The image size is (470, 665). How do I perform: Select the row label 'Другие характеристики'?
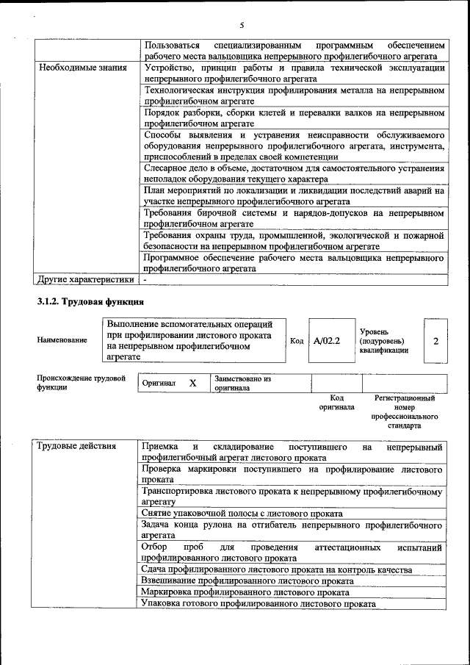click(x=86, y=279)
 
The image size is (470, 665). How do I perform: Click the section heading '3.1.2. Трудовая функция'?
click(x=90, y=302)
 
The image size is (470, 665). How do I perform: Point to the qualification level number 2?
click(x=436, y=341)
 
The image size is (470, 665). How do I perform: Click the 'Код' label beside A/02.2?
click(x=297, y=341)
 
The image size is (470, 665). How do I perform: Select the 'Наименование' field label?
click(x=62, y=340)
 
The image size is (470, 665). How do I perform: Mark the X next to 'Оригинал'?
click(x=192, y=384)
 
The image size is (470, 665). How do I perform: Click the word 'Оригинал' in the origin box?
click(x=159, y=384)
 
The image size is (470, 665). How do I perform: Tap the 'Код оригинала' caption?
click(x=336, y=402)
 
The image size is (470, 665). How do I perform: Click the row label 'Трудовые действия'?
click(x=76, y=446)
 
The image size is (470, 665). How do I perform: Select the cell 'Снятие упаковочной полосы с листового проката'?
click(x=242, y=513)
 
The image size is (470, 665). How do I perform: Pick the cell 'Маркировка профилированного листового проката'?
click(x=245, y=592)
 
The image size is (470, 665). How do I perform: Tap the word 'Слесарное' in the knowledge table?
click(x=166, y=168)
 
